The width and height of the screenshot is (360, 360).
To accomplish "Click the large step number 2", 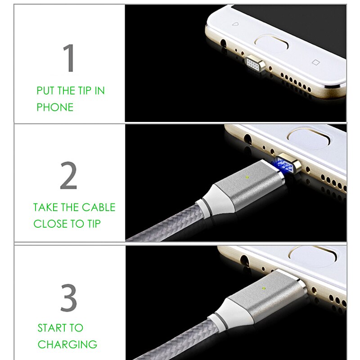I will tap(68, 176).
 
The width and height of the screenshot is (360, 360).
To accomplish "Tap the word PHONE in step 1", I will tap(55, 108).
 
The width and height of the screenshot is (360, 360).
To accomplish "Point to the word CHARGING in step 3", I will tap(67, 345).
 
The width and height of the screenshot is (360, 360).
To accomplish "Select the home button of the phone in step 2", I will tap(311, 138).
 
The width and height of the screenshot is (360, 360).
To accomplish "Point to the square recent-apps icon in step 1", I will tap(315, 62).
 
